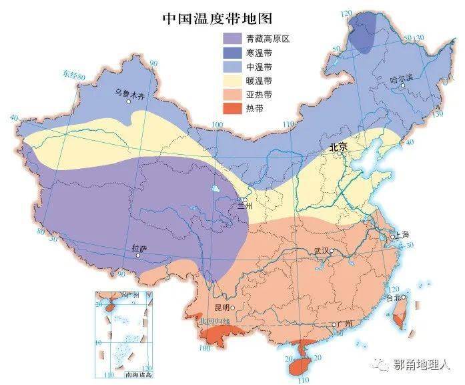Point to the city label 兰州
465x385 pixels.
[245, 208]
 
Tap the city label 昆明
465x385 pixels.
[221, 308]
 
